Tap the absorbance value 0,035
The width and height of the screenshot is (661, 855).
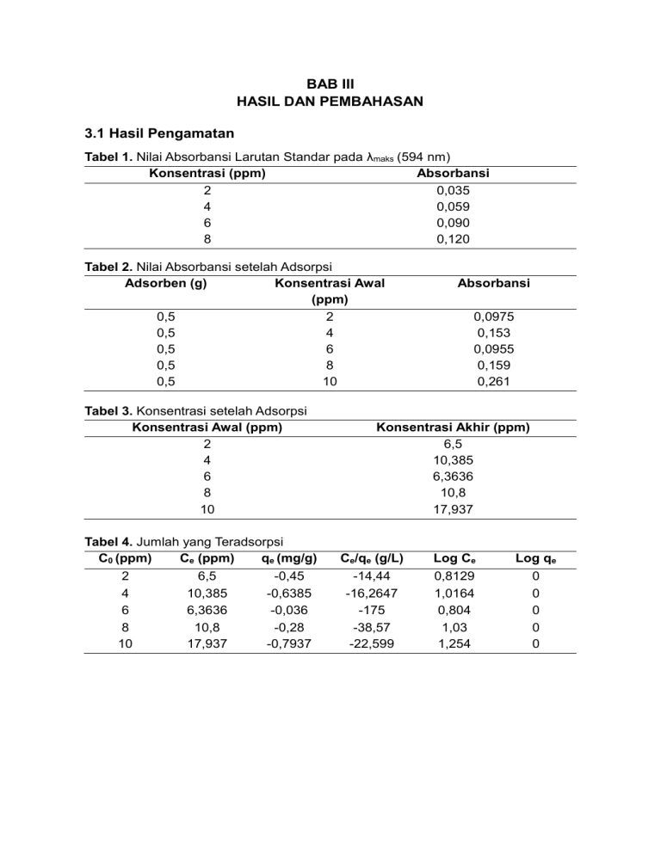pos(454,190)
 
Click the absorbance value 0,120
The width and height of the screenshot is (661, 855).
pos(454,239)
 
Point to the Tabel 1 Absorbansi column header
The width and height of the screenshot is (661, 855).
pos(454,174)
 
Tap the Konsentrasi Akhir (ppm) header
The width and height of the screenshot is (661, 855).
pos(453,427)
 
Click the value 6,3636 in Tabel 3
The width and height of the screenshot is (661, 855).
pos(453,477)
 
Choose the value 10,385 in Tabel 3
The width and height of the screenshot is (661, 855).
pos(453,460)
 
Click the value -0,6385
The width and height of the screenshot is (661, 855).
pos(287,593)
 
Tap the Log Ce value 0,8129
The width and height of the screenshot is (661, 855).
pos(453,576)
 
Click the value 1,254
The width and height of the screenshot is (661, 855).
pos(453,642)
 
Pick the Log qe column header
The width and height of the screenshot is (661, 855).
pos(535,559)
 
